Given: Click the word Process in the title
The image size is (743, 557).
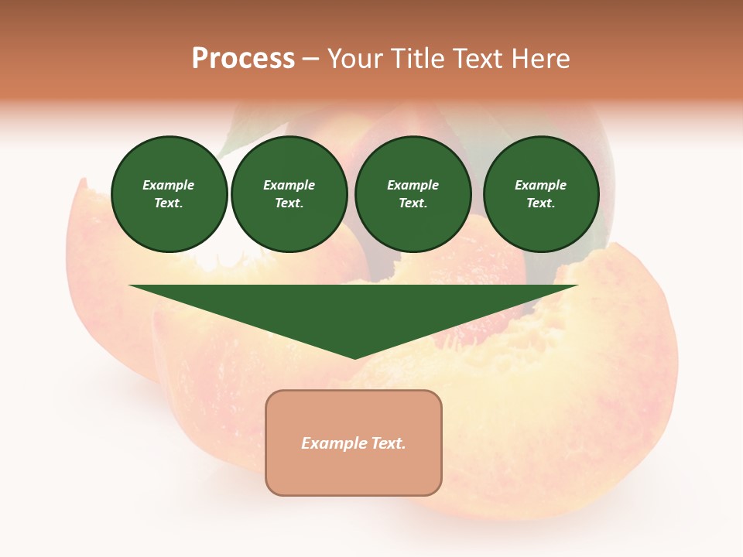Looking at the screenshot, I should (243, 59).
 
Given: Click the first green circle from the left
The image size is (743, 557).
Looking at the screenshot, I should (169, 194).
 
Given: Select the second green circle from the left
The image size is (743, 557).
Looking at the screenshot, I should (289, 194).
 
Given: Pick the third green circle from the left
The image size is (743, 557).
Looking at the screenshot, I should (413, 194).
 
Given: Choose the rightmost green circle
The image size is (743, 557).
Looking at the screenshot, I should (541, 194).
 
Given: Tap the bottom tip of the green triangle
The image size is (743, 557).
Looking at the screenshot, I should (354, 357).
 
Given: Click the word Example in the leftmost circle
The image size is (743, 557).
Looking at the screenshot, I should (169, 185).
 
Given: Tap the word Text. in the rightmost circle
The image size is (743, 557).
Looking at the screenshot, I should (541, 203).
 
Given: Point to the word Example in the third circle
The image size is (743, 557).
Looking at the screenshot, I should (413, 185).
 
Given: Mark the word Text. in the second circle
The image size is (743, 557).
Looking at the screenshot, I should (289, 203).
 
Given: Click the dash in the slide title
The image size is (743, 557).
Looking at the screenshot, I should (311, 60).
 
